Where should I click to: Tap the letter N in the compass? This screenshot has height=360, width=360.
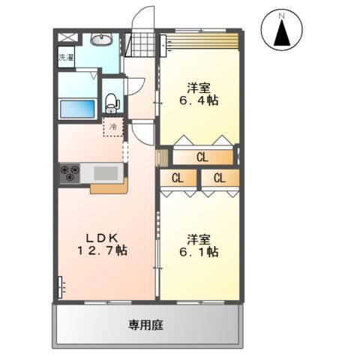click(x=283, y=14)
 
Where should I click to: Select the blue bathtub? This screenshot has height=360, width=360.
click(x=76, y=108)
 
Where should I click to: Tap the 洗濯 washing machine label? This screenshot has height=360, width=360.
click(x=65, y=57)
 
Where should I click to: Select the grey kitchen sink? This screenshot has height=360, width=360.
click(x=107, y=174)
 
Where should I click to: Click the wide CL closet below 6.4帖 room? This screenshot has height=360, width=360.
click(x=202, y=157)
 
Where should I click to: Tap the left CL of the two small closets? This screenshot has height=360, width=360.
click(x=178, y=178)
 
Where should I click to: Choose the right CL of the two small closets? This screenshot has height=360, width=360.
click(x=219, y=178)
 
